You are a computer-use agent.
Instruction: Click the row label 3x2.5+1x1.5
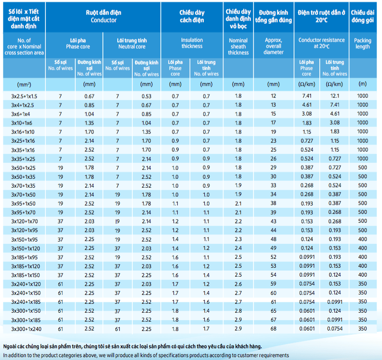click(24, 96)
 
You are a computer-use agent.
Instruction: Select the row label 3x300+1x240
click(26, 329)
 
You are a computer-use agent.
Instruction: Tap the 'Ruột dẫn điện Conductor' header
click(103, 16)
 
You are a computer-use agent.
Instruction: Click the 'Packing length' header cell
click(362, 44)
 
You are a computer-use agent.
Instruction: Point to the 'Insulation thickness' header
click(192, 43)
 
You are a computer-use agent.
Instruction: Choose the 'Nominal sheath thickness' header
click(238, 46)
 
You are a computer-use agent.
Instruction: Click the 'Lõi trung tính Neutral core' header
click(132, 44)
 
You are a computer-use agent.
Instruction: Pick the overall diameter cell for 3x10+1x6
click(274, 123)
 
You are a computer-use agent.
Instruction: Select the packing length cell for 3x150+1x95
click(362, 239)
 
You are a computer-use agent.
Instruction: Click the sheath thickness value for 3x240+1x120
click(238, 284)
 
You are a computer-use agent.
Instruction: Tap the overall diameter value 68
click(274, 329)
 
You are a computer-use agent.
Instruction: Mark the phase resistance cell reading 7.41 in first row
click(307, 96)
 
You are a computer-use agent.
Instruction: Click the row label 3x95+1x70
click(23, 213)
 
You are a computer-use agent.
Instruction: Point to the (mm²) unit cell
click(24, 85)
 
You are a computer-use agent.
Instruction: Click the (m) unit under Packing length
click(362, 84)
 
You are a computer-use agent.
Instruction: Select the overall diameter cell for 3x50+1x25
click(274, 168)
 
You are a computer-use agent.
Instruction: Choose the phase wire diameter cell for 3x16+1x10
click(89, 132)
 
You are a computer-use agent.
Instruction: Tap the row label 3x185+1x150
click(26, 275)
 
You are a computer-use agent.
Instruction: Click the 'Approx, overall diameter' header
click(274, 46)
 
